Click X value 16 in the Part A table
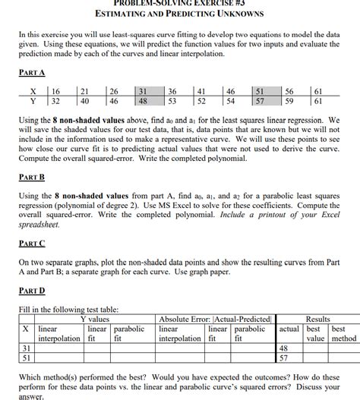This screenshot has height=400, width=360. (x=55, y=89)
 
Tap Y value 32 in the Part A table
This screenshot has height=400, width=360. (x=55, y=99)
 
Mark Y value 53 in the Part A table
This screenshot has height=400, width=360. (x=172, y=99)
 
